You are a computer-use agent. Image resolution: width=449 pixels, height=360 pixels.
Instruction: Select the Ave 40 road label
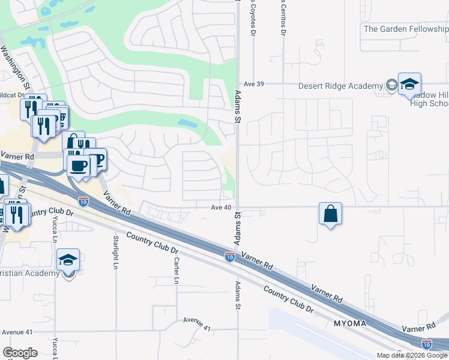pos(221,208)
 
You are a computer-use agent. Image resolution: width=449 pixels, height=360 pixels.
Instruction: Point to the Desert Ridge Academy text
pos(341,86)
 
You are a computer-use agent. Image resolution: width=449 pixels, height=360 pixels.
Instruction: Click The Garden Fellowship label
pos(405,28)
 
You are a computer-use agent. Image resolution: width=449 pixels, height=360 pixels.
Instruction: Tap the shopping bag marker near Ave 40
pos(330,214)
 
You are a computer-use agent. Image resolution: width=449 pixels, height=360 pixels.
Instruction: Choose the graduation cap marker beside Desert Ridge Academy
pos(409,84)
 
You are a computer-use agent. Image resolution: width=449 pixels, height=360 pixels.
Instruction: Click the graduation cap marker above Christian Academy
pos(68,260)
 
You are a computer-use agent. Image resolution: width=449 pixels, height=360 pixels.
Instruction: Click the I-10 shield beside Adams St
pos(229,257)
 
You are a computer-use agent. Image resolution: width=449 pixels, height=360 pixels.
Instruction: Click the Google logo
pos(20,353)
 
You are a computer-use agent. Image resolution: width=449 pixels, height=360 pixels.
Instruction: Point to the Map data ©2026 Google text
pos(412,355)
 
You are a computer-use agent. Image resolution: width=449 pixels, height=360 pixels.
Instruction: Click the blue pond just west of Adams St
pos(187,124)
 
